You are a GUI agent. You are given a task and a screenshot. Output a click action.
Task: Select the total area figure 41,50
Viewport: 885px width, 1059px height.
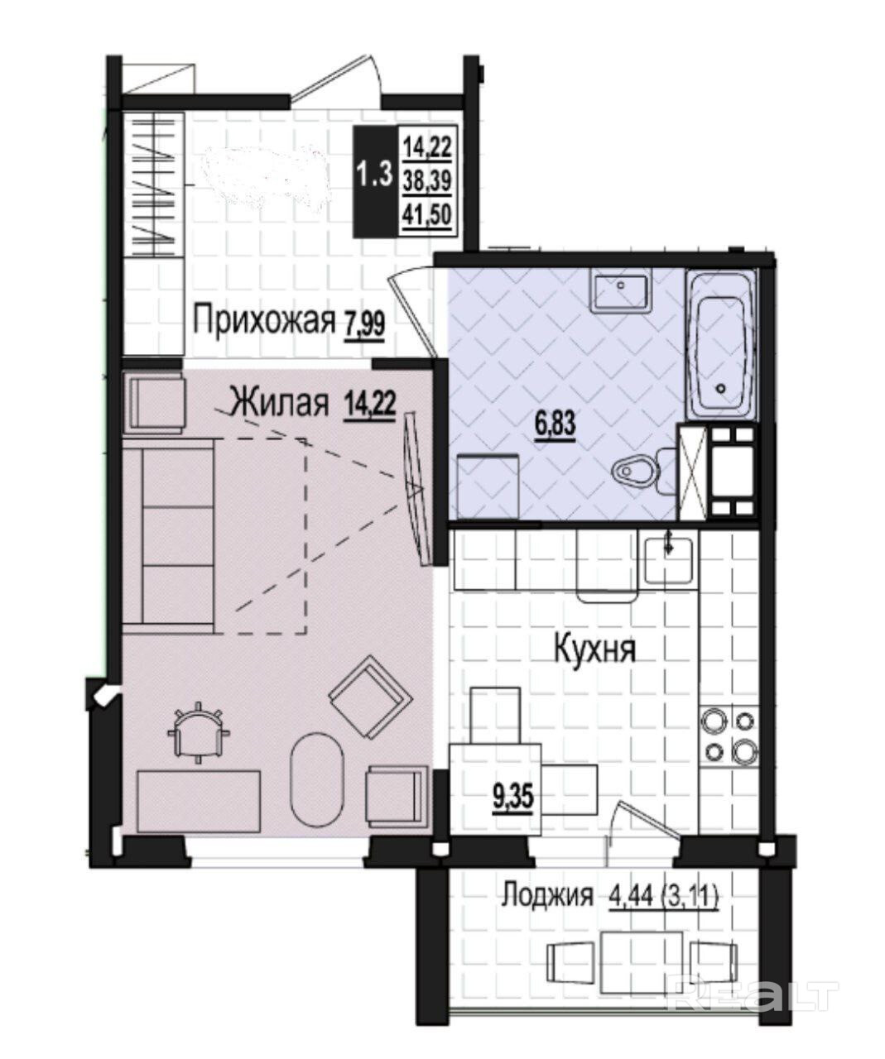point(427,216)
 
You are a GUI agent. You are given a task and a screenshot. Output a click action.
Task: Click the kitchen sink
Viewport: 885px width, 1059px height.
point(669,560)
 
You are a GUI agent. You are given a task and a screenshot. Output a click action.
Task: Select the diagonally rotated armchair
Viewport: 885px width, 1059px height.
point(370,697)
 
